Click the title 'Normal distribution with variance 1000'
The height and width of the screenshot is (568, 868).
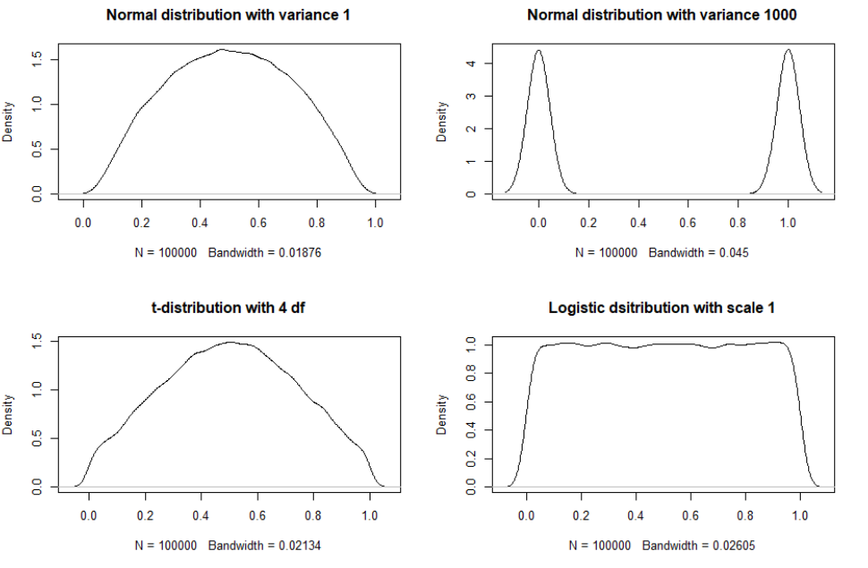[661, 15]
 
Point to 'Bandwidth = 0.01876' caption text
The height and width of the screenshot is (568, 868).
[264, 253]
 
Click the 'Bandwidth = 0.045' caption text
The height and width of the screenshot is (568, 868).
[698, 253]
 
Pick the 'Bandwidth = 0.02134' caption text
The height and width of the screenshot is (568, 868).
[264, 547]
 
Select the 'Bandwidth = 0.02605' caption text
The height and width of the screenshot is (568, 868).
[698, 547]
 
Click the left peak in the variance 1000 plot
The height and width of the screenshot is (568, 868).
[538, 51]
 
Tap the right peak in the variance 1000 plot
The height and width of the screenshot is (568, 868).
[787, 51]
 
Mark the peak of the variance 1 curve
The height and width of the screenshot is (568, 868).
[221, 49]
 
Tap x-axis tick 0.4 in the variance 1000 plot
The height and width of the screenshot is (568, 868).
[638, 222]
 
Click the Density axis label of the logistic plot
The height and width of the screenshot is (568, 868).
[442, 415]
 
